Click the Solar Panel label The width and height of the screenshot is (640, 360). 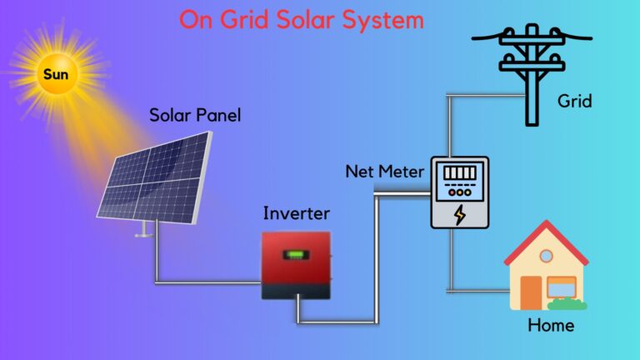pos(195,115)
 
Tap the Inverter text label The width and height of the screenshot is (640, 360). pos(296,213)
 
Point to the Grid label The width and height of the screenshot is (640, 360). pos(574,102)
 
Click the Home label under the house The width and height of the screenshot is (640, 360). pos(551,324)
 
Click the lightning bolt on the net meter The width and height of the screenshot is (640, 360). pos(459,214)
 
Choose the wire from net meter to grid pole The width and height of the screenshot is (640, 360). pos(450,117)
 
